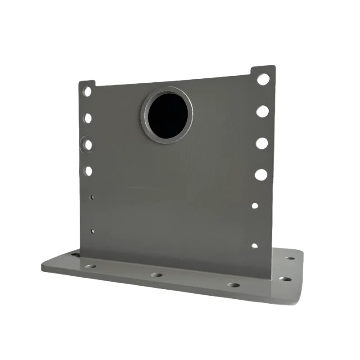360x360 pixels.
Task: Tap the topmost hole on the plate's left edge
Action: [87, 91]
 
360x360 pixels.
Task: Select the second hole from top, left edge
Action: [88, 118]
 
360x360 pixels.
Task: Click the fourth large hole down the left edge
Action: [88, 171]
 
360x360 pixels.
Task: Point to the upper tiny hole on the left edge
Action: [92, 197]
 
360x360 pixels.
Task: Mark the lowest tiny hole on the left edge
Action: [92, 232]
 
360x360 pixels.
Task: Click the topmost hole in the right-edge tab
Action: [263, 79]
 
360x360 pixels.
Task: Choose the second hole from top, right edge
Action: [262, 111]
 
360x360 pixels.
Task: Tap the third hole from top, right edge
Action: [261, 143]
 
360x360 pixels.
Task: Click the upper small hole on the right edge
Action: [255, 206]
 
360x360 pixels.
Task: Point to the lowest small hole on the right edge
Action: [254, 246]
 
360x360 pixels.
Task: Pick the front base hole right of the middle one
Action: [233, 285]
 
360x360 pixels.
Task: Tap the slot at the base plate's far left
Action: [74, 255]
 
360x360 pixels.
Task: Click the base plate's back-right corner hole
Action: [290, 259]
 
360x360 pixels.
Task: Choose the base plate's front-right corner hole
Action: [284, 279]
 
